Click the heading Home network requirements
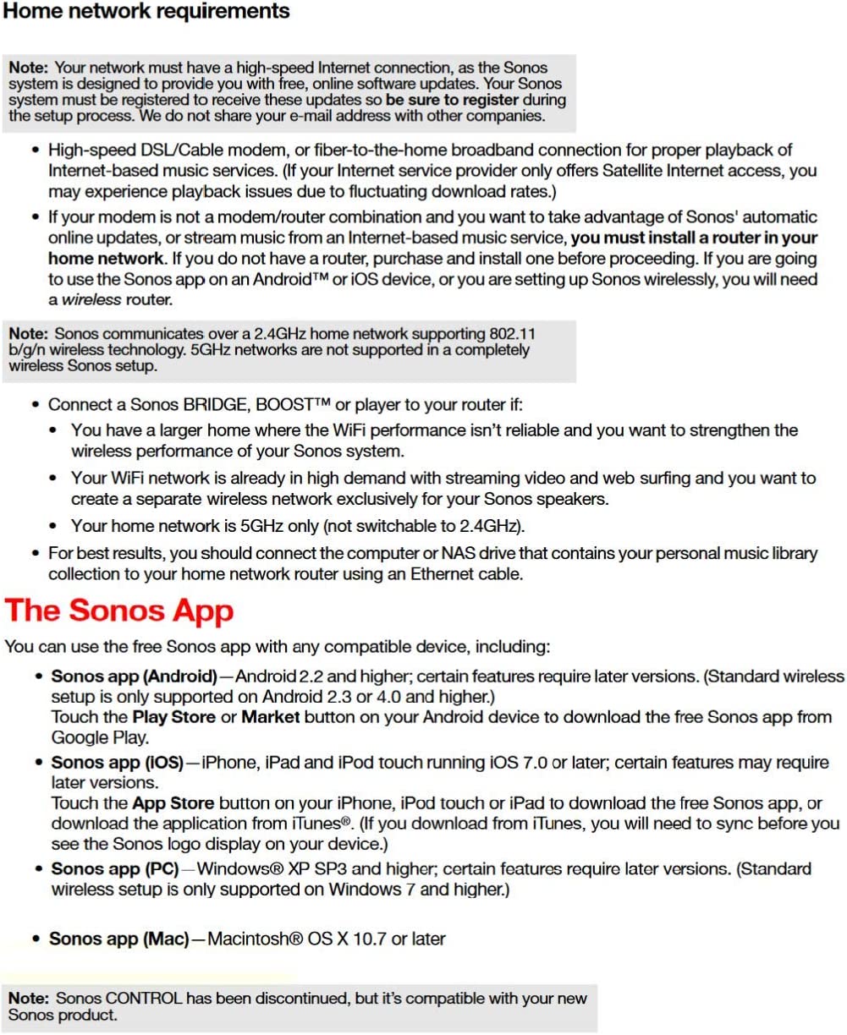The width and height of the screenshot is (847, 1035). pos(147,12)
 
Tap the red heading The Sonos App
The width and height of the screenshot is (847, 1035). pos(119,611)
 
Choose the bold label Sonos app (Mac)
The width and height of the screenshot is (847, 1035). pos(118,939)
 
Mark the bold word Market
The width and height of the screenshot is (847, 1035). pos(271,717)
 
